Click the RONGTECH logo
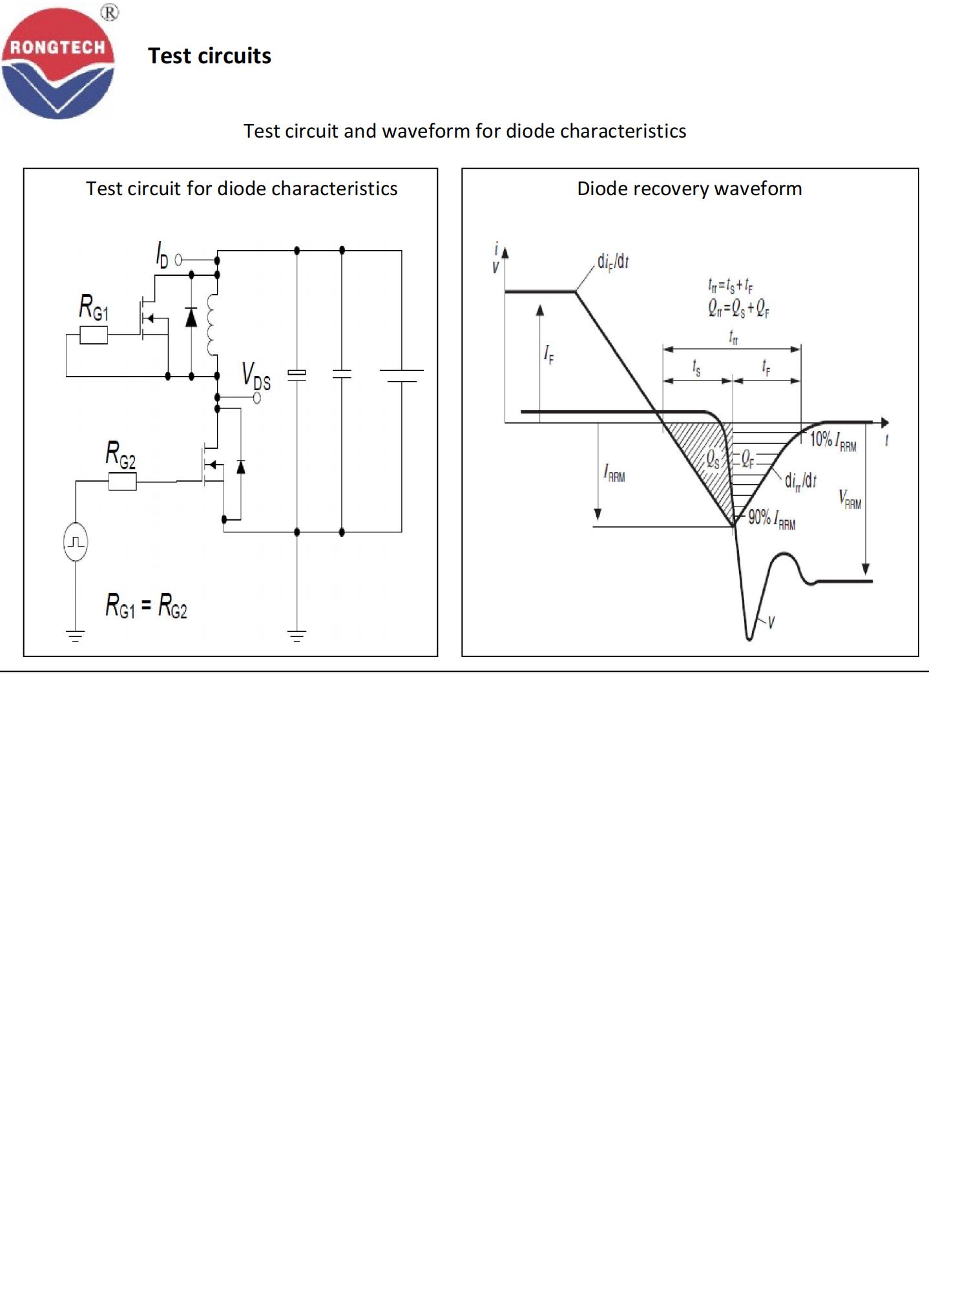click(x=57, y=63)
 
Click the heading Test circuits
click(x=209, y=56)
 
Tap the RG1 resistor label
click(x=94, y=307)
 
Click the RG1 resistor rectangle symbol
click(x=94, y=335)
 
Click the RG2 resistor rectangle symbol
click(x=122, y=481)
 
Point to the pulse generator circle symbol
click(x=76, y=542)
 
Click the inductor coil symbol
click(x=213, y=325)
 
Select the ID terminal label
click(x=161, y=255)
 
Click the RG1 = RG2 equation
click(x=146, y=607)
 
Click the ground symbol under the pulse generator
click(x=76, y=636)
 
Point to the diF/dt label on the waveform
click(x=612, y=262)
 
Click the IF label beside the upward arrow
click(x=548, y=354)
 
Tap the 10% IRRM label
click(x=833, y=441)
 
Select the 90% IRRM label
click(x=771, y=519)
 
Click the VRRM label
click(x=850, y=499)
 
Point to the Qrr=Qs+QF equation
click(x=738, y=309)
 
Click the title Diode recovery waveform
click(x=689, y=189)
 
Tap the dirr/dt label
click(x=800, y=481)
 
